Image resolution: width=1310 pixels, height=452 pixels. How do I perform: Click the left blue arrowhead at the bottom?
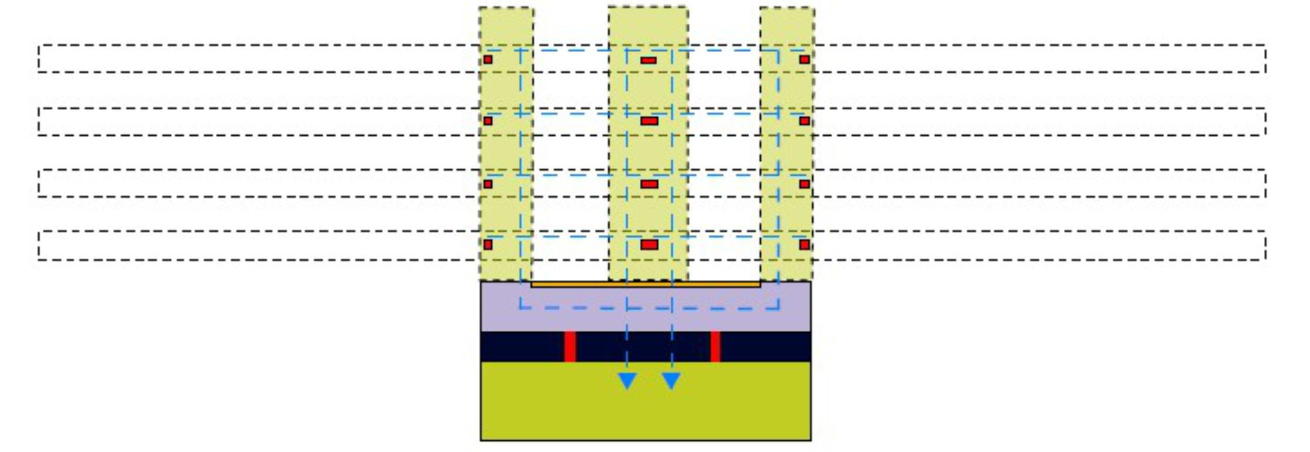(627, 381)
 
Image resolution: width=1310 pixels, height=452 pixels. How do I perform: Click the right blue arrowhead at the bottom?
(671, 381)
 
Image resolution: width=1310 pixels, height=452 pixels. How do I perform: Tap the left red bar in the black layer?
(570, 347)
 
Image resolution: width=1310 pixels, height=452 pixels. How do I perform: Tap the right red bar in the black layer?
(715, 347)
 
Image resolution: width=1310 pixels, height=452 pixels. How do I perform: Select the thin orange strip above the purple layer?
(646, 285)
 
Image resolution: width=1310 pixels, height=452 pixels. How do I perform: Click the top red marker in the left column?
(488, 60)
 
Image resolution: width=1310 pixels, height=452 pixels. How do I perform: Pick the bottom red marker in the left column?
(488, 245)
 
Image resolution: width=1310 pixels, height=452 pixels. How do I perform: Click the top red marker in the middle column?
(649, 60)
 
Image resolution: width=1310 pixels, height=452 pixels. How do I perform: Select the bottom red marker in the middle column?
(649, 245)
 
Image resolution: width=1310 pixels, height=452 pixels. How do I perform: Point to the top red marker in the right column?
(805, 60)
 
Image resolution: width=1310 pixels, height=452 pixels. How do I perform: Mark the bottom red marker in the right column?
(805, 245)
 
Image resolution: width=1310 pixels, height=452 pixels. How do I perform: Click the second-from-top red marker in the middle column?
(649, 121)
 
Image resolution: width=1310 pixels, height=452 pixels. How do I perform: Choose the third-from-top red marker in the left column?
(488, 184)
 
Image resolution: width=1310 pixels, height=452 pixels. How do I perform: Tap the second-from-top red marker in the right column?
(805, 121)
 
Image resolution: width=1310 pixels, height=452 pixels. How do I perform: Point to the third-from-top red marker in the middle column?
(649, 184)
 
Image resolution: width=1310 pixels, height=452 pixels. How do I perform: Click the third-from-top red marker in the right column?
(805, 184)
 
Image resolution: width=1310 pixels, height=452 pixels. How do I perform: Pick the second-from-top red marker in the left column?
(488, 121)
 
